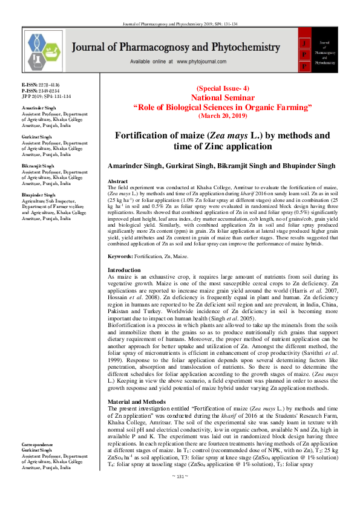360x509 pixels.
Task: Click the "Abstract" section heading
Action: point(117,181)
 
